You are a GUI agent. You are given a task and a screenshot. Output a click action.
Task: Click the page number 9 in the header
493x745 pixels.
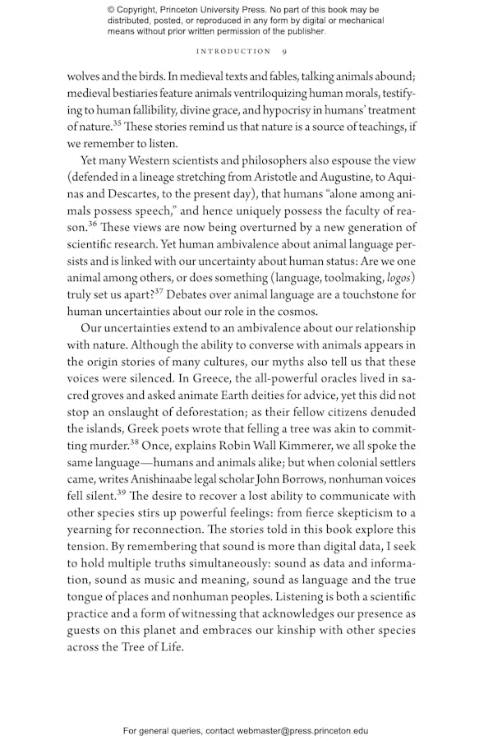tap(283, 51)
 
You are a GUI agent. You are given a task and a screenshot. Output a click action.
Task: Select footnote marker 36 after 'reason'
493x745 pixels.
tap(93, 222)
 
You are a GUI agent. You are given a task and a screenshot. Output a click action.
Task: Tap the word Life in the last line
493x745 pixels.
tap(173, 646)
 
